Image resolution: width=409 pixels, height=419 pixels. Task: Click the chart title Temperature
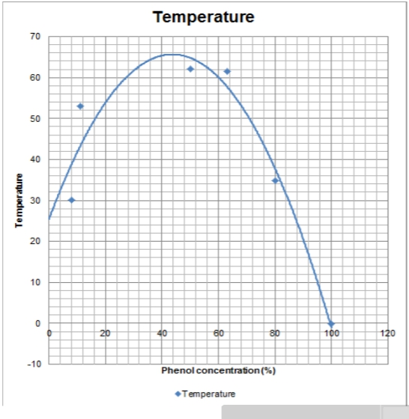click(x=204, y=16)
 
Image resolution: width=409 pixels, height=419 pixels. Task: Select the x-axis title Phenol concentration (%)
click(x=219, y=370)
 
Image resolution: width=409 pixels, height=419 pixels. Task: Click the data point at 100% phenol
click(x=330, y=324)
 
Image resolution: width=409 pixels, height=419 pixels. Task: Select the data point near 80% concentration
click(x=275, y=180)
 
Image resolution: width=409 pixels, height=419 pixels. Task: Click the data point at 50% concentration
click(x=190, y=69)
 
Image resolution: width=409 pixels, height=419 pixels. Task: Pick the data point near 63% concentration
click(x=227, y=71)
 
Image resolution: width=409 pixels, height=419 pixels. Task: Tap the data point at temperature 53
click(x=80, y=106)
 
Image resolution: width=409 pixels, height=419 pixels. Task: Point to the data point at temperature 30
click(x=71, y=200)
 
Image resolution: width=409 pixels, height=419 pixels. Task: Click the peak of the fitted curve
click(x=171, y=54)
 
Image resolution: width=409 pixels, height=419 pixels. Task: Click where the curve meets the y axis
click(x=49, y=219)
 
